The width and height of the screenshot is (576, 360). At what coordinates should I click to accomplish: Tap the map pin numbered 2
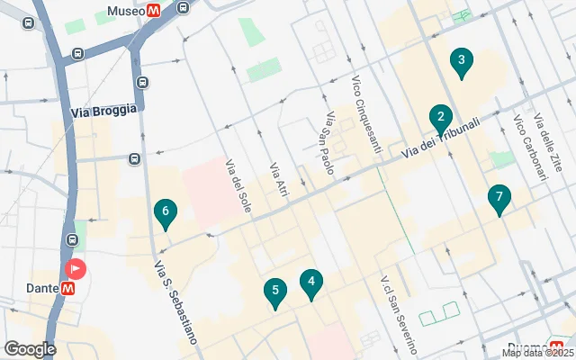(x=440, y=117)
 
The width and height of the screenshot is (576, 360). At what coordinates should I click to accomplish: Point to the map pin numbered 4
(x=311, y=283)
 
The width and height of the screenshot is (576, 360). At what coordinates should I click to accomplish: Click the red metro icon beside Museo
(x=156, y=11)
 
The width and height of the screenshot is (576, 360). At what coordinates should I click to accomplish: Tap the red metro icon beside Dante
(x=68, y=288)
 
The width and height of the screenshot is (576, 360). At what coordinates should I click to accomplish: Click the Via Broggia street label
(x=103, y=110)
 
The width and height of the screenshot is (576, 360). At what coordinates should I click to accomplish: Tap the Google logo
(x=30, y=349)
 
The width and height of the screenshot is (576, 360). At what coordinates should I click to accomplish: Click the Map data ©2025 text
(x=537, y=353)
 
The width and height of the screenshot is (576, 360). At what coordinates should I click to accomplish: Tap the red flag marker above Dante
(x=76, y=269)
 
